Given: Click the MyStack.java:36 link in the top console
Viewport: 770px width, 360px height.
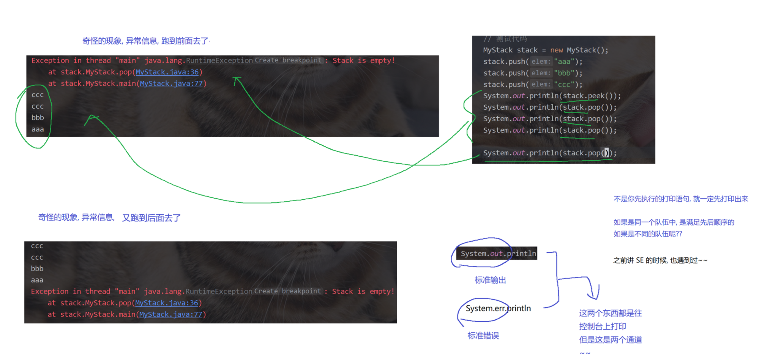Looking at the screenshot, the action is tap(167, 72).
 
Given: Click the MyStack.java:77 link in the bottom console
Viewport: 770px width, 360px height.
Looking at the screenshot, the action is tap(170, 314).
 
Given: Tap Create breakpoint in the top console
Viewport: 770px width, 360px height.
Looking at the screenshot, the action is tap(288, 60).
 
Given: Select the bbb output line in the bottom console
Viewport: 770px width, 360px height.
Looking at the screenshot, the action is tap(37, 269).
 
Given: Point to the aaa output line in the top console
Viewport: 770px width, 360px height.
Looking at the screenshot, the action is tap(38, 129).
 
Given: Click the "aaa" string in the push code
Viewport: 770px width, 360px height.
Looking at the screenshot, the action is tap(564, 62).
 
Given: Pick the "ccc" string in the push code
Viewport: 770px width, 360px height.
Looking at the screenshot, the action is tap(564, 84).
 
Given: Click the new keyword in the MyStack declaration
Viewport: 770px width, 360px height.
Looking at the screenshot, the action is tap(556, 50).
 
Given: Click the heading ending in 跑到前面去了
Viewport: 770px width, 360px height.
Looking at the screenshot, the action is tap(145, 41).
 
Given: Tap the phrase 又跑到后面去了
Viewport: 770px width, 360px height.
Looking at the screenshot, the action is tap(151, 218).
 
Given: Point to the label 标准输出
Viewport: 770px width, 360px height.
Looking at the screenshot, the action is tap(490, 280).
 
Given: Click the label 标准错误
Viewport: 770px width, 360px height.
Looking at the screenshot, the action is tap(483, 336).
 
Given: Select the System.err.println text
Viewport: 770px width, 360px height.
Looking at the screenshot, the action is tap(498, 308).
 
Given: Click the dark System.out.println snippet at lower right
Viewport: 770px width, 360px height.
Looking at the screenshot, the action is tap(498, 254).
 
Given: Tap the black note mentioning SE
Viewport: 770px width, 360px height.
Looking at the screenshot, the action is tap(660, 261).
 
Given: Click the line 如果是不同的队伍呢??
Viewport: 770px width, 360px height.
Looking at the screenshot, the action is tap(648, 234).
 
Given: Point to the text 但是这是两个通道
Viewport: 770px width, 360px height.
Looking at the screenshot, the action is tap(611, 340).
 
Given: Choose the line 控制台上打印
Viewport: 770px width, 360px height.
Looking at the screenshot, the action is tap(603, 327).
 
